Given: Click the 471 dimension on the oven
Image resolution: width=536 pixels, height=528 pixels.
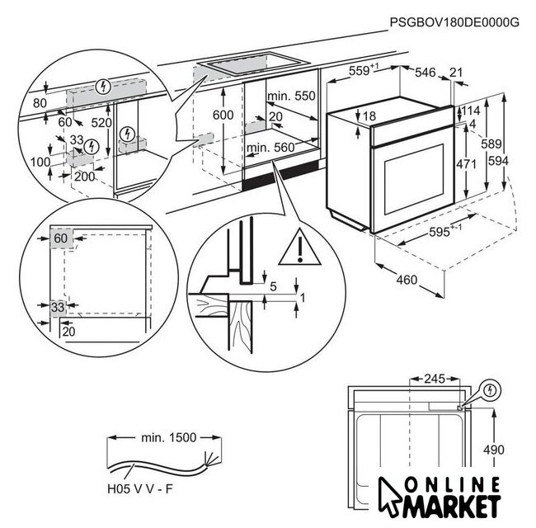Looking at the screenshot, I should click(468, 164).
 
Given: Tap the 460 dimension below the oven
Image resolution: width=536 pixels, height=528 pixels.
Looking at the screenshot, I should click(407, 280).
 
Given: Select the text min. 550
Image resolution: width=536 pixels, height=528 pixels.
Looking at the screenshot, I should click(291, 97).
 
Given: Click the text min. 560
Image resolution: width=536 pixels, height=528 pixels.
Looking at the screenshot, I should click(270, 148).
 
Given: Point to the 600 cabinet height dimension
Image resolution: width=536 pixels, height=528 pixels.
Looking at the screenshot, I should click(223, 115).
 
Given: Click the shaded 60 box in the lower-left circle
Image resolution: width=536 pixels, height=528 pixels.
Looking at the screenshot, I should click(61, 238).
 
